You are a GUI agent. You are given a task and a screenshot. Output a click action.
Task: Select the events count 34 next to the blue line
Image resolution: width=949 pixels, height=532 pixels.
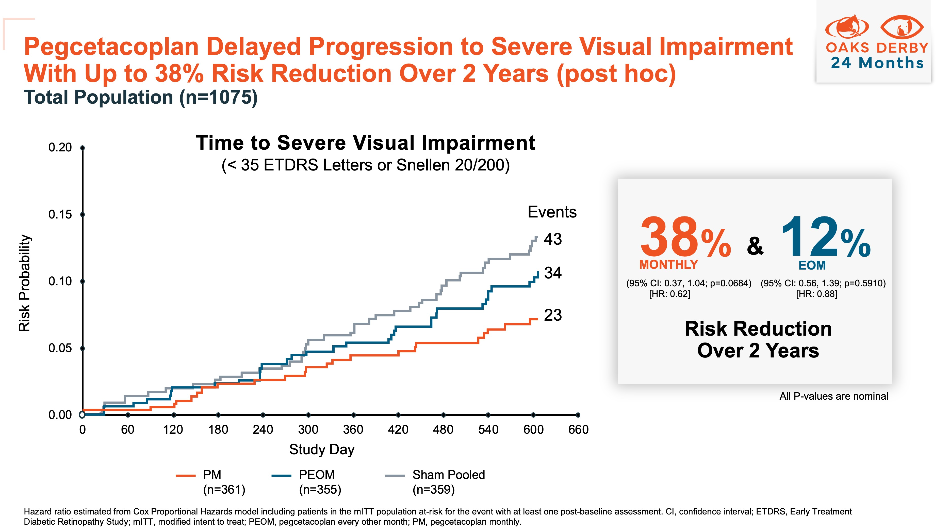[553, 273]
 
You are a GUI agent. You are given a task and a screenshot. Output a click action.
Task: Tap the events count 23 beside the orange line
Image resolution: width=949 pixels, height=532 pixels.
[553, 315]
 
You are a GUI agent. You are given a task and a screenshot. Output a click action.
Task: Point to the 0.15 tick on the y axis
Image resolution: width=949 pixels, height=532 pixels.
[60, 215]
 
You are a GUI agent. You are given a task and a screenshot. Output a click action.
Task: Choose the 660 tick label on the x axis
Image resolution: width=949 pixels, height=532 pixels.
[578, 430]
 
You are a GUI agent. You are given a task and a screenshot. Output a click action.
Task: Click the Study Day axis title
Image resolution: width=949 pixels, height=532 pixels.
[322, 449]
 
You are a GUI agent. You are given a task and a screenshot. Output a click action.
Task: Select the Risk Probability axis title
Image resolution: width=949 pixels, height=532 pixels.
[25, 283]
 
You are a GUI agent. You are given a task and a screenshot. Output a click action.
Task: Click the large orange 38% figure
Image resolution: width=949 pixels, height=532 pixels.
[685, 238]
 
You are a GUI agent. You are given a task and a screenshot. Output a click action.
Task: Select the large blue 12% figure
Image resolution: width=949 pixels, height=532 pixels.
[825, 238]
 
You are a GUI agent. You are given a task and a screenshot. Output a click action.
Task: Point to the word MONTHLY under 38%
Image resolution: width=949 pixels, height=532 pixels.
[668, 265]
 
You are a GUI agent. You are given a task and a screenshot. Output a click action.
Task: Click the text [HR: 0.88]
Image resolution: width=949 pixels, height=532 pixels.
[816, 294]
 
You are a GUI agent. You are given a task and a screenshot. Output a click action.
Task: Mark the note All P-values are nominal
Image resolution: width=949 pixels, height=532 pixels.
[833, 396]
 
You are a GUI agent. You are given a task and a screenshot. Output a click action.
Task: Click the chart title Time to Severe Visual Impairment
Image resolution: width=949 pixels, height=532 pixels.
[365, 143]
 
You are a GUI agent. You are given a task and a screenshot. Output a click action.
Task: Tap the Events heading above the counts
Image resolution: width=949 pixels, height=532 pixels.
[552, 212]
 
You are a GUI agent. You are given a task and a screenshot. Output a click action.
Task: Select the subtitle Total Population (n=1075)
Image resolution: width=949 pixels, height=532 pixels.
[140, 97]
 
